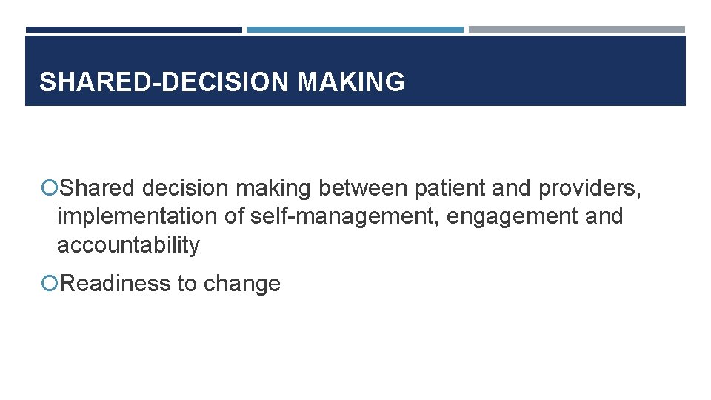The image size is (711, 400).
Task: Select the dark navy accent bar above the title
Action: [133, 30]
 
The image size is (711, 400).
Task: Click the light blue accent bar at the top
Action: [355, 30]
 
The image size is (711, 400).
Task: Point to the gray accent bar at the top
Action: [577, 30]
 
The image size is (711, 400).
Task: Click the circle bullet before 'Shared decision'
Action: [50, 189]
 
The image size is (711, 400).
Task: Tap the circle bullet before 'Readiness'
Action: [50, 284]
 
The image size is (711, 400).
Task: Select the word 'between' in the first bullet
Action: [363, 189]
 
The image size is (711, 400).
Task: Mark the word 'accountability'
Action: [128, 245]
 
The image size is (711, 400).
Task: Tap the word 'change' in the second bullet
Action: [241, 284]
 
